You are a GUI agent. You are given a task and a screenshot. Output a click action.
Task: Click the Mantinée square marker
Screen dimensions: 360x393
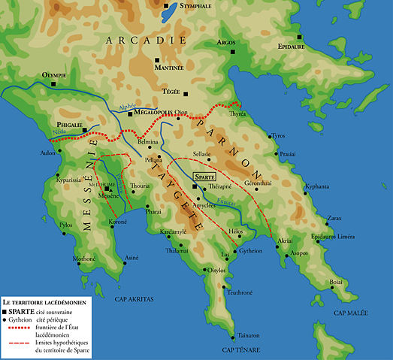coord(157,61)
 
